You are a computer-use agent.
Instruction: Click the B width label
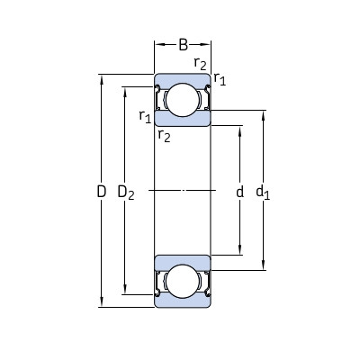click(x=184, y=42)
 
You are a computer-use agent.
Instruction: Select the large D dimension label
click(x=101, y=192)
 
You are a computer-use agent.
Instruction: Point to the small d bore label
click(x=239, y=192)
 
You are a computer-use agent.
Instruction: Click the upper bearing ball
click(x=184, y=99)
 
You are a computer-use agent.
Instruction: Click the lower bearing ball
click(x=184, y=282)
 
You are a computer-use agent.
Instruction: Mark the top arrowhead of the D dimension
click(x=101, y=78)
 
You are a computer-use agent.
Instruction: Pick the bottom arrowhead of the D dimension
click(x=101, y=303)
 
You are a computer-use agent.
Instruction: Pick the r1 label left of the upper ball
click(x=144, y=116)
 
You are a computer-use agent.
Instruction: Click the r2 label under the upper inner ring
click(x=163, y=136)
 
